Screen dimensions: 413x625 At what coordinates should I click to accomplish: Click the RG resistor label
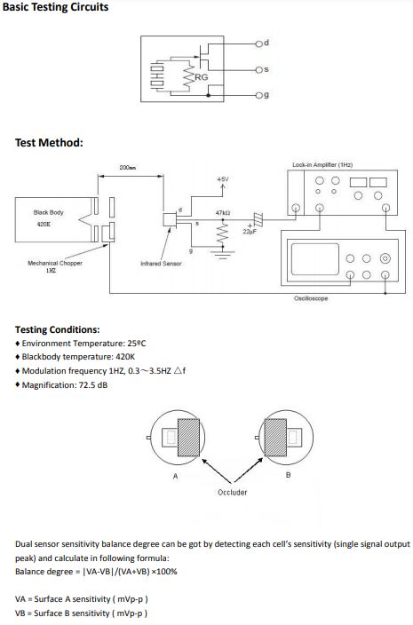[202, 77]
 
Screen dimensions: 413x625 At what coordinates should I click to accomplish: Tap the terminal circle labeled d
[258, 44]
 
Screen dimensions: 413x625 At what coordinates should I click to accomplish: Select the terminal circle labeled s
[258, 70]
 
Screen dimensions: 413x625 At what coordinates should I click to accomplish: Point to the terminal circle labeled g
[258, 96]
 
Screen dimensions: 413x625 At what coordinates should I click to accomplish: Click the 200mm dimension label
[128, 168]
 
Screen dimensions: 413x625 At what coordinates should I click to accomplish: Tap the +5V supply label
[222, 179]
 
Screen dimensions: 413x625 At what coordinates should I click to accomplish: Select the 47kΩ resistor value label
[222, 213]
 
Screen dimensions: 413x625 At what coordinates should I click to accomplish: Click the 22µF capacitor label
[250, 232]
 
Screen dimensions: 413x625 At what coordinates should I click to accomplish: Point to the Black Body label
[48, 212]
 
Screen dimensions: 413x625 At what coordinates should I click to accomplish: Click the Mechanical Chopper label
[55, 263]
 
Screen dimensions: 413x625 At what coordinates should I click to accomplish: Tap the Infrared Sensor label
[161, 264]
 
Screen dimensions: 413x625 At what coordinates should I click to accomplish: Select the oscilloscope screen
[315, 259]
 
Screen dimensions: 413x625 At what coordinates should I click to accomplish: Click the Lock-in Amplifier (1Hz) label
[322, 164]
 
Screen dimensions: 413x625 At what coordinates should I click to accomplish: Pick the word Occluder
[233, 492]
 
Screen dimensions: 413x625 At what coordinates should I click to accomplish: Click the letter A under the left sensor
[175, 476]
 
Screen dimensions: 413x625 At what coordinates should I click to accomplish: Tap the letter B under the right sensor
[289, 475]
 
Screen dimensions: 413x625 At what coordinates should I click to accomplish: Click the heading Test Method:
[49, 143]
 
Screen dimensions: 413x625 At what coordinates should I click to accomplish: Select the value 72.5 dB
[93, 385]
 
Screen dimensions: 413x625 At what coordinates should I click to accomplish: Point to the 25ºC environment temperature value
[137, 344]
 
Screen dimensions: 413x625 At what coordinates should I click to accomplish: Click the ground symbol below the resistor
[222, 255]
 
